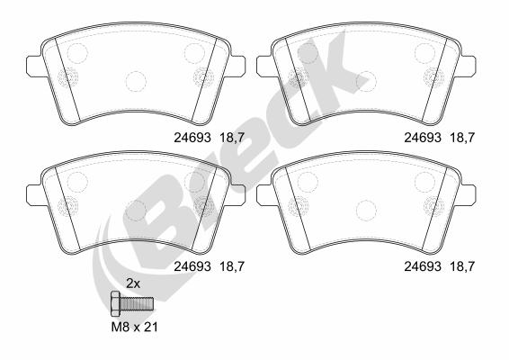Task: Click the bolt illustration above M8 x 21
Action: (x=130, y=302)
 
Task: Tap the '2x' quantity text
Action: (x=132, y=283)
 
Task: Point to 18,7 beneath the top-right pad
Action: (x=461, y=138)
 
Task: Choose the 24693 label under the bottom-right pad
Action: (x=422, y=265)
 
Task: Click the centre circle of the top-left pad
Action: (x=135, y=82)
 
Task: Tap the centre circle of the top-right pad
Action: (x=366, y=82)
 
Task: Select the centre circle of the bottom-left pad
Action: (x=135, y=209)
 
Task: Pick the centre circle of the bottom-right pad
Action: (x=366, y=209)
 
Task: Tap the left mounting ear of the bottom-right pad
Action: (x=263, y=194)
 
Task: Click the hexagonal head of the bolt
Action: (x=114, y=302)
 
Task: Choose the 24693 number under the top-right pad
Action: (x=422, y=138)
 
